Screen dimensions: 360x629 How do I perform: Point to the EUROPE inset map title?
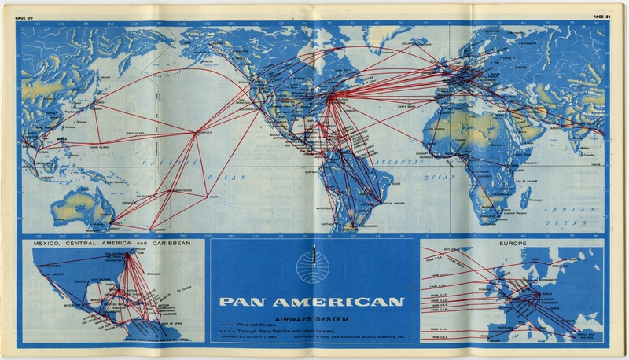click(x=511, y=244)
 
